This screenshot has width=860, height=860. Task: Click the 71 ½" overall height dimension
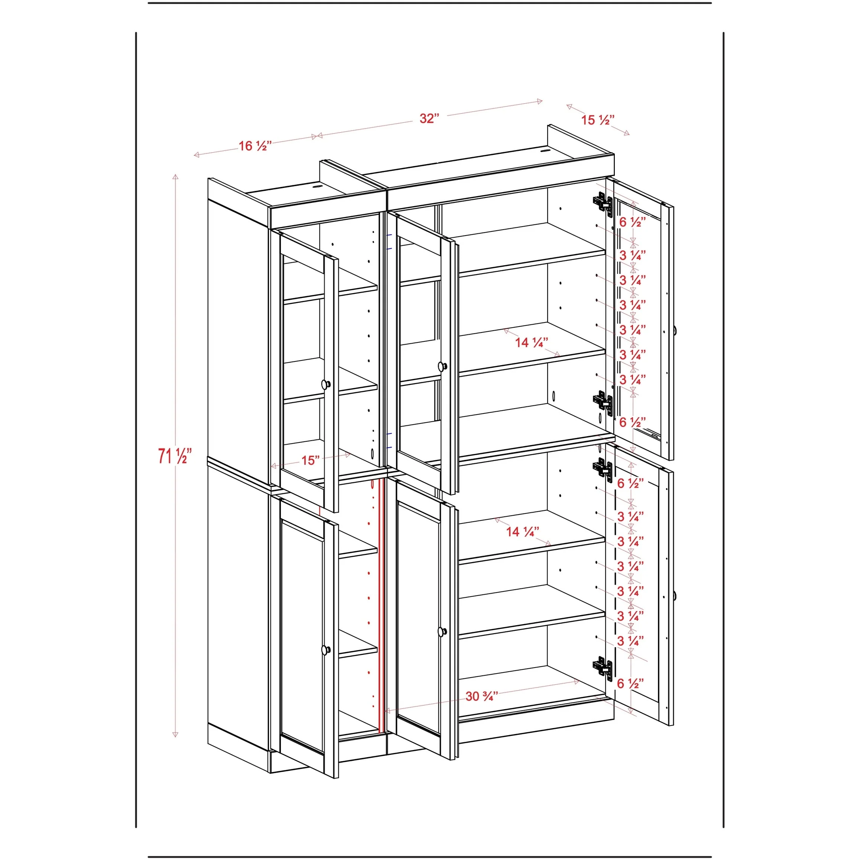pos(175,456)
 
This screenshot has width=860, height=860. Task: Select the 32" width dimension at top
pos(429,119)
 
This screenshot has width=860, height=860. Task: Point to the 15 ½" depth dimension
pos(598,119)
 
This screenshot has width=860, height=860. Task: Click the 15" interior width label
pos(310,460)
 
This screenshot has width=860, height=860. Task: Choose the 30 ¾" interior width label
pos(481,696)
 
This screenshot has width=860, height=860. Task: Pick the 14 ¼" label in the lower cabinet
pos(523,532)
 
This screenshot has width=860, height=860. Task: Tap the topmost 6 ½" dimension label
pos(633,222)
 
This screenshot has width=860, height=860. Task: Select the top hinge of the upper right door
pos(603,202)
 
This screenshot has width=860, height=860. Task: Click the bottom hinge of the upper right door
pos(603,402)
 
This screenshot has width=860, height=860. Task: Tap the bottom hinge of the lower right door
pos(603,668)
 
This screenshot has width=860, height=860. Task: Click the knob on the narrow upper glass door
pos(326,384)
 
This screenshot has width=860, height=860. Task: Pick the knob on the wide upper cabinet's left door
pos(442,366)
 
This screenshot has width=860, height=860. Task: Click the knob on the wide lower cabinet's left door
pos(442,632)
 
